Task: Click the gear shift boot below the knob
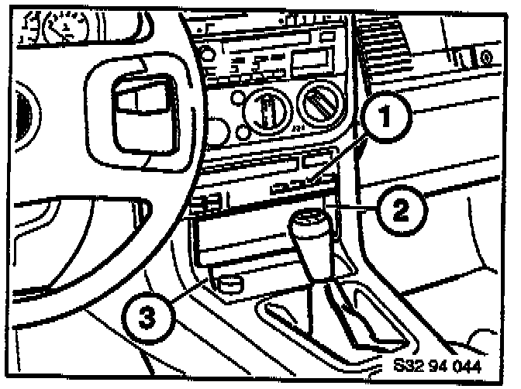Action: coord(341,310)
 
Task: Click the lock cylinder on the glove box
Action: coord(484,56)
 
